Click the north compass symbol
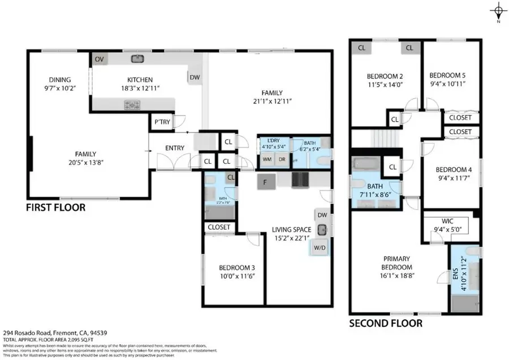tap(498, 11)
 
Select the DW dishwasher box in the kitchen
tap(195, 78)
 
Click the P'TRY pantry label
tap(160, 122)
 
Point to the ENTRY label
tap(175, 148)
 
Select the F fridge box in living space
tap(264, 182)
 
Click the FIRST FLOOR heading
tap(56, 208)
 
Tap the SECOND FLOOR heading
tap(385, 323)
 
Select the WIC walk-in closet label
tap(441, 221)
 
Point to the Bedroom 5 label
tap(447, 75)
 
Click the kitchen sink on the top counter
tap(137, 58)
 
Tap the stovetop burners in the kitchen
tap(132, 104)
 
